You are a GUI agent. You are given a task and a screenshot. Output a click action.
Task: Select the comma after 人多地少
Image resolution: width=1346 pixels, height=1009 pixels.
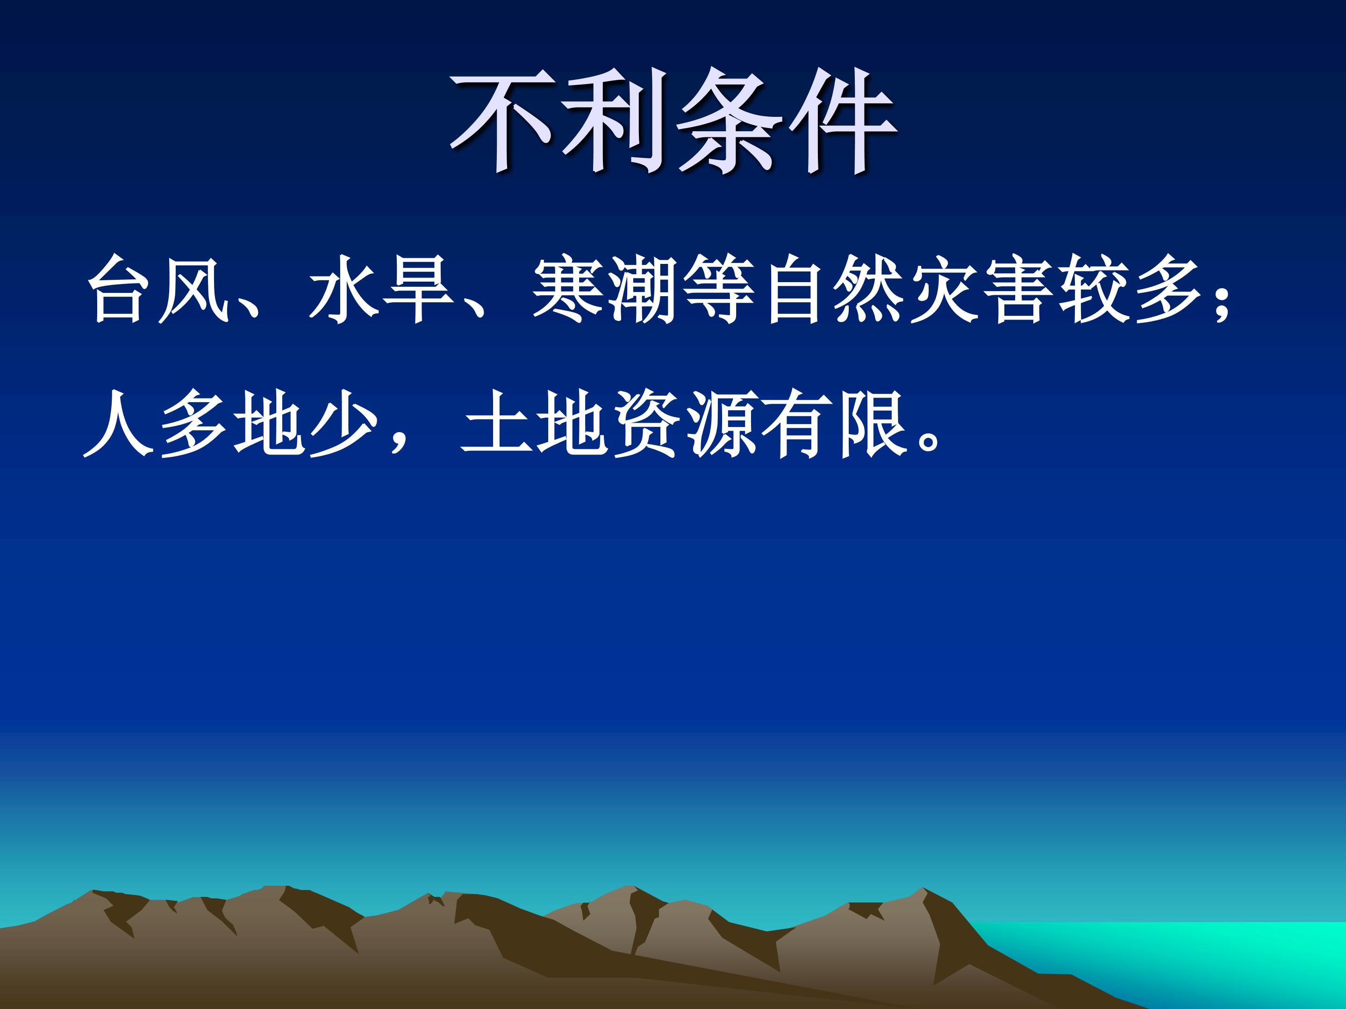point(399,441)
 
